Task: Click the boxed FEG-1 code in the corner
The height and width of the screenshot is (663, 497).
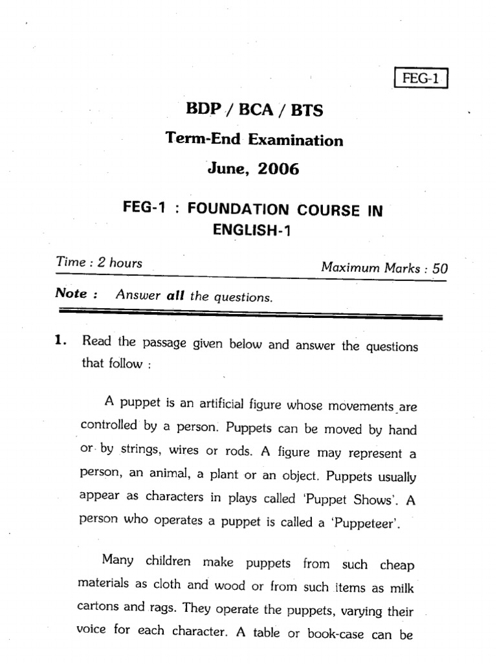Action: [421, 80]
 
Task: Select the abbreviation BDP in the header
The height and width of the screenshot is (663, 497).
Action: [201, 110]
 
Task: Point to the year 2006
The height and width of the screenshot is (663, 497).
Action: [278, 170]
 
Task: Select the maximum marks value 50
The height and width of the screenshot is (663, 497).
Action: [440, 269]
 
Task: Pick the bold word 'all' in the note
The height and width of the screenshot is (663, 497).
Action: [175, 297]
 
